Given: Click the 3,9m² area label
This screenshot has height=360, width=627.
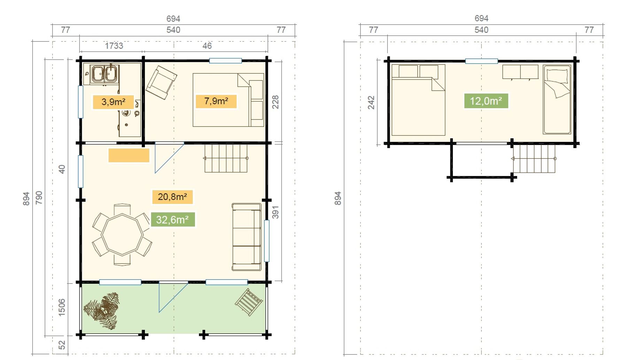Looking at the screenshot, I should [113, 102].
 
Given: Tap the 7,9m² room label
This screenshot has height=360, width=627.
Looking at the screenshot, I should [216, 101].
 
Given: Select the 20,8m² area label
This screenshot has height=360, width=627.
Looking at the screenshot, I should [172, 197].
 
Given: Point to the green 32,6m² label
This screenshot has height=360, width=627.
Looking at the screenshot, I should [172, 220].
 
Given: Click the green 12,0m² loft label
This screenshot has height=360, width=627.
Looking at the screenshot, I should [486, 101].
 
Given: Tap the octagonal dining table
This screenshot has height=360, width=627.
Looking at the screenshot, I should [122, 234].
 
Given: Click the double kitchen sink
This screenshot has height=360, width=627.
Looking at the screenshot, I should [104, 74].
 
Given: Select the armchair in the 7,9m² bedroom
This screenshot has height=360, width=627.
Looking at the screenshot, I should [161, 83].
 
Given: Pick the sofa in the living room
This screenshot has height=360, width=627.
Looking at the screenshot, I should [247, 237].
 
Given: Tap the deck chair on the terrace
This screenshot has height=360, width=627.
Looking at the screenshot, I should [249, 302].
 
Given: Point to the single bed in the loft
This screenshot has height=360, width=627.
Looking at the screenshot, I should [557, 100].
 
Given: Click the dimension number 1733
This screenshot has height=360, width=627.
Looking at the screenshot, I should [114, 46].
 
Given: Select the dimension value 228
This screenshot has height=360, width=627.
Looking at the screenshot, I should [276, 102].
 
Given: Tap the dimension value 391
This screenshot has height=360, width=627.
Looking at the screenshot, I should [276, 212].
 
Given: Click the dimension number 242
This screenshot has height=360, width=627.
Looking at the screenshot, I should [371, 103].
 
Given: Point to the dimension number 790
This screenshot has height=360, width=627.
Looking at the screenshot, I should [39, 198].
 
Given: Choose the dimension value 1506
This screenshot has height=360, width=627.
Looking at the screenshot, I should [62, 307].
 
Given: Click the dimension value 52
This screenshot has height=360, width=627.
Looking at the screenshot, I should [62, 345].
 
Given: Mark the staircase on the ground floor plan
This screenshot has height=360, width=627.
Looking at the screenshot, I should [226, 158].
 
